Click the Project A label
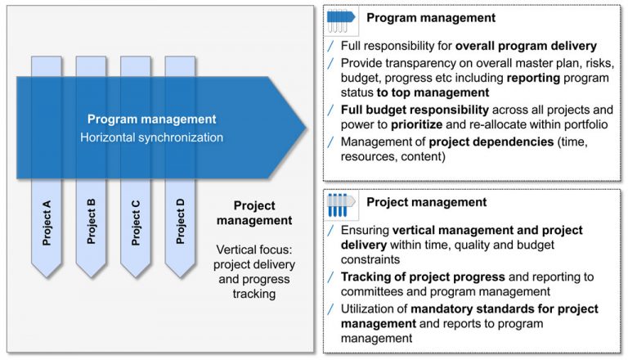point(47,221)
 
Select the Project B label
point(92,221)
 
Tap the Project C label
point(136,221)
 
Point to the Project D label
point(180,221)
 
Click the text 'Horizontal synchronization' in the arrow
point(151,137)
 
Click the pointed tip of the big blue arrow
point(306,127)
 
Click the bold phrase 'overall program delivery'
point(527,47)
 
